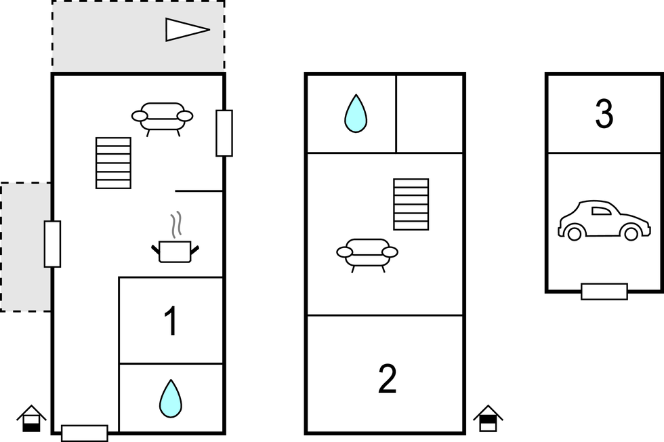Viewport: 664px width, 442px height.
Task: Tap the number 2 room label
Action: [x=387, y=380]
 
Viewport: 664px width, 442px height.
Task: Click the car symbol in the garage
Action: [x=603, y=220]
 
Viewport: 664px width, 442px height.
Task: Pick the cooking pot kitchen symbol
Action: [x=175, y=252]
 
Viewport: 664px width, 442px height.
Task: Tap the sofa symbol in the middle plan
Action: [x=367, y=254]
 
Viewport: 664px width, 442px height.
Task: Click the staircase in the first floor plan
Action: [x=113, y=163]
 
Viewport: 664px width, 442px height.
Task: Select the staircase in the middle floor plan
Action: [x=411, y=204]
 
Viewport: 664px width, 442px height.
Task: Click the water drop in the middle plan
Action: [x=355, y=113]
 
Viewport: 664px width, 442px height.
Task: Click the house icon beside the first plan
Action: [x=31, y=418]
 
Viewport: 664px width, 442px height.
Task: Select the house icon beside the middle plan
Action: [x=487, y=418]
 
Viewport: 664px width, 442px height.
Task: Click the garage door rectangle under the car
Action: [x=604, y=292]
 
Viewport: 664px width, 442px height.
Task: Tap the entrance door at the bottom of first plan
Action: [x=85, y=433]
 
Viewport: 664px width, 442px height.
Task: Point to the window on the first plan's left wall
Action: [x=52, y=243]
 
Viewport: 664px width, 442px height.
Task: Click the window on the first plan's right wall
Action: [x=224, y=133]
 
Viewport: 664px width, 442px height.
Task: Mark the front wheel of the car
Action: [x=631, y=234]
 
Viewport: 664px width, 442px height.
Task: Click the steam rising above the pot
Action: [x=176, y=226]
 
